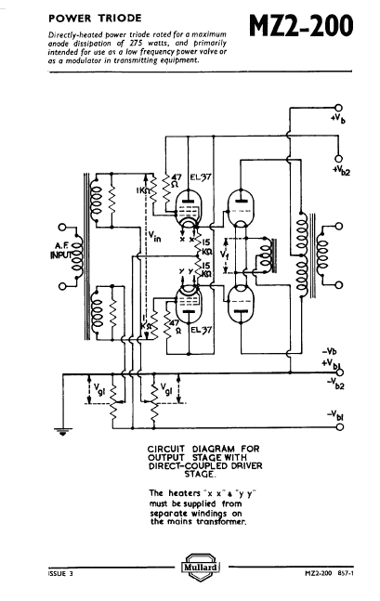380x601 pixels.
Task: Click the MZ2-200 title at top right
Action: click(x=301, y=26)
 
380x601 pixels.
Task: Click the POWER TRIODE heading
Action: click(x=95, y=18)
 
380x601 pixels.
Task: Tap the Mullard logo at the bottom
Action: click(x=200, y=567)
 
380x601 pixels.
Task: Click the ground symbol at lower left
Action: click(x=63, y=432)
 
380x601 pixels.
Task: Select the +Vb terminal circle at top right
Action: click(x=338, y=108)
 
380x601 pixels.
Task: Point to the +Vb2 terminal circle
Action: click(x=338, y=159)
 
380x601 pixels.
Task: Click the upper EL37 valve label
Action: click(x=201, y=177)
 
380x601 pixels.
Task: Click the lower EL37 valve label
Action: click(x=202, y=330)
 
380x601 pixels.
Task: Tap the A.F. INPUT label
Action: click(x=61, y=250)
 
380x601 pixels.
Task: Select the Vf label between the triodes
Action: click(x=225, y=255)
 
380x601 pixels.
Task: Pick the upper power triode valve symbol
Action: click(x=241, y=210)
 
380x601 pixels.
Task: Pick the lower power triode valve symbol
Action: click(x=241, y=305)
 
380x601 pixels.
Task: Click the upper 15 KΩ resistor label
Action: click(x=206, y=247)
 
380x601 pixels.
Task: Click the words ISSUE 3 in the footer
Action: click(x=60, y=574)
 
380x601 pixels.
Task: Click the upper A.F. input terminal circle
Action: click(x=62, y=227)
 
